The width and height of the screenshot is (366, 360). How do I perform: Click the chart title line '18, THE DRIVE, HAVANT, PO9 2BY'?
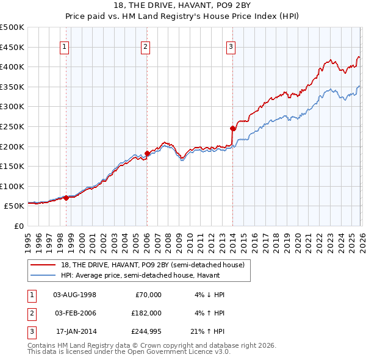point(183,5)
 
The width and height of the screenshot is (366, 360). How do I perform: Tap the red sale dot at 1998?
point(66,198)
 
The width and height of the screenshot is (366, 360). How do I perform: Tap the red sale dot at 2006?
point(147,153)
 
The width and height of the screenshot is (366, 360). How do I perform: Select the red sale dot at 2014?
point(232,128)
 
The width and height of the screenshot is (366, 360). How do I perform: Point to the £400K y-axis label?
point(12,67)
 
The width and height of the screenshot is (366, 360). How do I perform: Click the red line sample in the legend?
point(43,265)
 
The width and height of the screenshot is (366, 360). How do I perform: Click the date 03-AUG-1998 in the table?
point(75,295)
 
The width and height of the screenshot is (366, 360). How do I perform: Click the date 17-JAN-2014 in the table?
point(75,333)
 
